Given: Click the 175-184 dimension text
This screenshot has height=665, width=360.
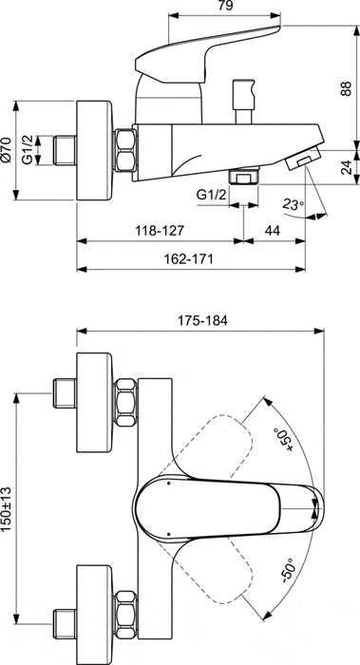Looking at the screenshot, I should coord(201,319).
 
